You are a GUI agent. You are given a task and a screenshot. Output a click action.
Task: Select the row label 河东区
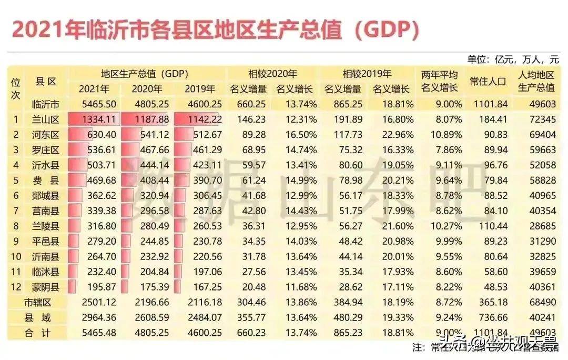pyautogui.click(x=45, y=135)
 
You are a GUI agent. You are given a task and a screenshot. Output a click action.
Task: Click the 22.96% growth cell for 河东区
pyautogui.click(x=396, y=135)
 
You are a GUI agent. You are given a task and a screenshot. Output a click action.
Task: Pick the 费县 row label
pyautogui.click(x=45, y=181)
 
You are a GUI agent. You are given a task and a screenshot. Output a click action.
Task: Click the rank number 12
pyautogui.click(x=16, y=287)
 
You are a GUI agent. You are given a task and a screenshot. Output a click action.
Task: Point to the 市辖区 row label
pyautogui.click(x=39, y=302)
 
